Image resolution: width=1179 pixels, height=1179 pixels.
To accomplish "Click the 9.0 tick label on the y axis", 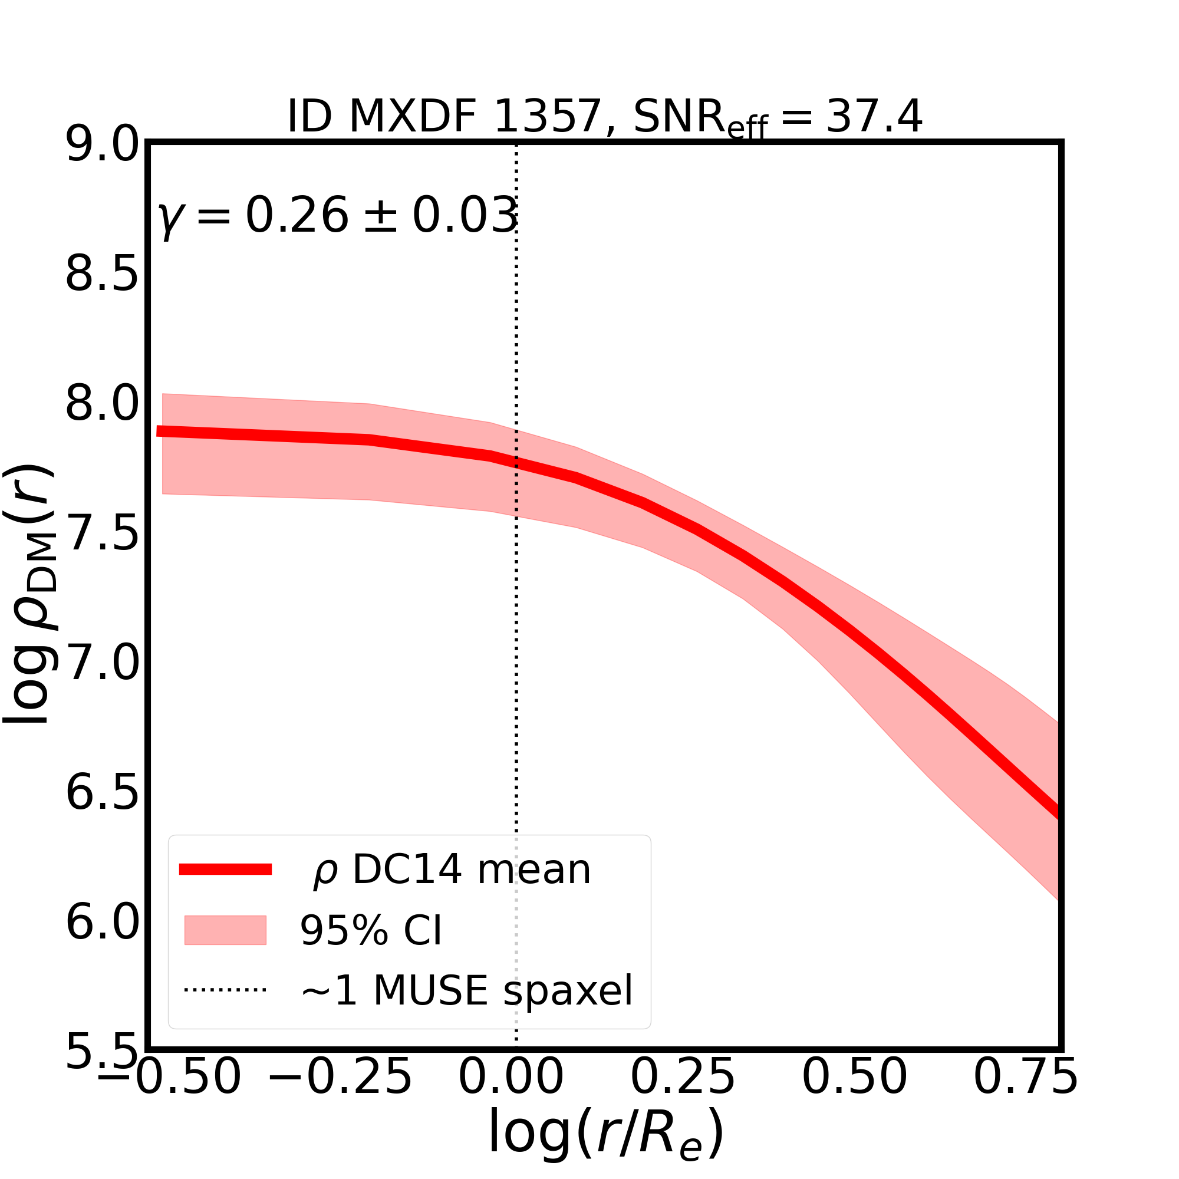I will tap(103, 144).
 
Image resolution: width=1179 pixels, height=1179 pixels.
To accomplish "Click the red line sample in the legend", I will tap(225, 870).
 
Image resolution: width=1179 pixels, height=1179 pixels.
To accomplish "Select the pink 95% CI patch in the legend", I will tap(225, 930).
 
